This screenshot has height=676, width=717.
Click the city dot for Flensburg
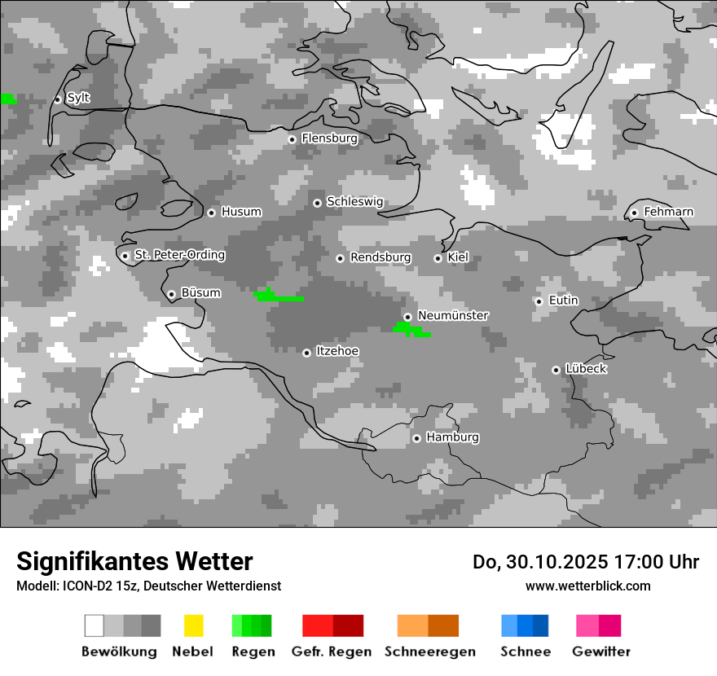[x=292, y=139]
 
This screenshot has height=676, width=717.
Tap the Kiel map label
[x=458, y=257]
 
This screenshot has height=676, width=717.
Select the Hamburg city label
[x=452, y=437]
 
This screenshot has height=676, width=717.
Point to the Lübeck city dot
[x=556, y=370]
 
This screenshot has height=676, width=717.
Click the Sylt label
[x=78, y=98]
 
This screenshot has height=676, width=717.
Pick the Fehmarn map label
[x=668, y=212]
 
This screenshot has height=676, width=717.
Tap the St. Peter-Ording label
[x=179, y=255]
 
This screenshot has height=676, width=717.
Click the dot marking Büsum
[x=171, y=294]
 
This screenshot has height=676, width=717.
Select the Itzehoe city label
[x=337, y=351]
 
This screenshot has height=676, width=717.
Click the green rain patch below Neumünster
[x=411, y=329]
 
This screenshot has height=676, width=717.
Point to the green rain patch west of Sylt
[x=7, y=99]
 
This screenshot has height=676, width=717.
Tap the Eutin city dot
[x=539, y=301]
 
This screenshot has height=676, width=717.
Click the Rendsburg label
[x=380, y=257]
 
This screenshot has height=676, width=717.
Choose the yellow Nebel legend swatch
[x=193, y=626]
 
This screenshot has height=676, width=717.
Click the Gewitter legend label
[x=601, y=652]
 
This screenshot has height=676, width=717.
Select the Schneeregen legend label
[x=430, y=652]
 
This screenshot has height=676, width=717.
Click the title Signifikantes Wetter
[x=134, y=561]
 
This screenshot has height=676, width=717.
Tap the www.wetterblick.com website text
[x=587, y=586]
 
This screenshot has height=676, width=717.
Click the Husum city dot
[x=211, y=213]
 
